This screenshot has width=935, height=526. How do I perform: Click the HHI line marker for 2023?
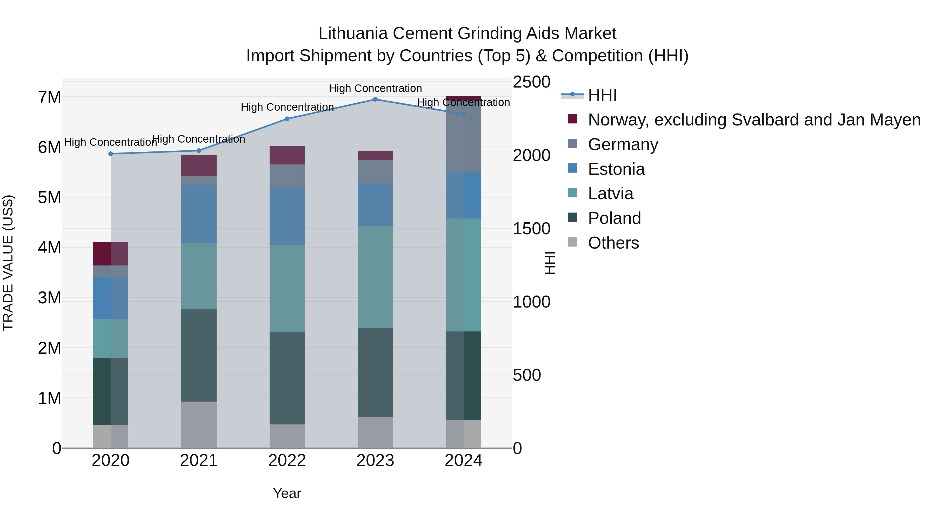[375, 99]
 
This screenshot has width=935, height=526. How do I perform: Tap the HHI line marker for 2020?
[111, 154]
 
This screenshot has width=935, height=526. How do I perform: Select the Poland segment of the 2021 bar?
[199, 355]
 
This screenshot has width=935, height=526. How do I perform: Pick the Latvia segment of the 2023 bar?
[375, 277]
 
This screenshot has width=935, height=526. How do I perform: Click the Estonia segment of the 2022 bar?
[287, 216]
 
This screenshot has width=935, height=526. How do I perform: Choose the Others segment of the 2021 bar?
[199, 425]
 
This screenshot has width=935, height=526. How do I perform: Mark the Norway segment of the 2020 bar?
[111, 254]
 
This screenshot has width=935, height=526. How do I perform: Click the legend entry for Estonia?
[616, 169]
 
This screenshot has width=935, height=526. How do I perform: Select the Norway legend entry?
[754, 120]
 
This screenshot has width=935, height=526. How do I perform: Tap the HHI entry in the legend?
[602, 95]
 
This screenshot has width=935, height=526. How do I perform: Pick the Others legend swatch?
[572, 242]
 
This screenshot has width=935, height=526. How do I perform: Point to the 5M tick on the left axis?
[49, 198]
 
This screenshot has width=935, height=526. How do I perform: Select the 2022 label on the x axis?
[287, 461]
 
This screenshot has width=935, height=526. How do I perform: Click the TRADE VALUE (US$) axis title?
[8, 263]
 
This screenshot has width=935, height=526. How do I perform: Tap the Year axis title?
[287, 493]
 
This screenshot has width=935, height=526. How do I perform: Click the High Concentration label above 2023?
[375, 88]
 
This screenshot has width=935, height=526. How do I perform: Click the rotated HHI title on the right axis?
[550, 263]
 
